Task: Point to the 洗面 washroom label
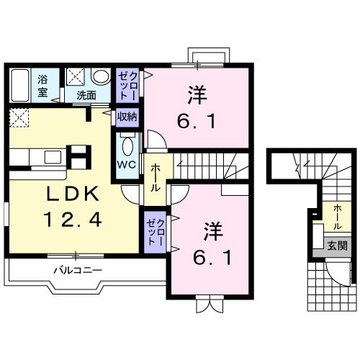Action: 86,94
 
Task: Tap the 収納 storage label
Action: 127,117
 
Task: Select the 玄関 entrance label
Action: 337,245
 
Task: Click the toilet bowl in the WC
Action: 127,146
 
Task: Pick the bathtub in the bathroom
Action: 20,86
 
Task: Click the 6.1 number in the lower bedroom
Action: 210,256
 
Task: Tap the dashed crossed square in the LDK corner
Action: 19,117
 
